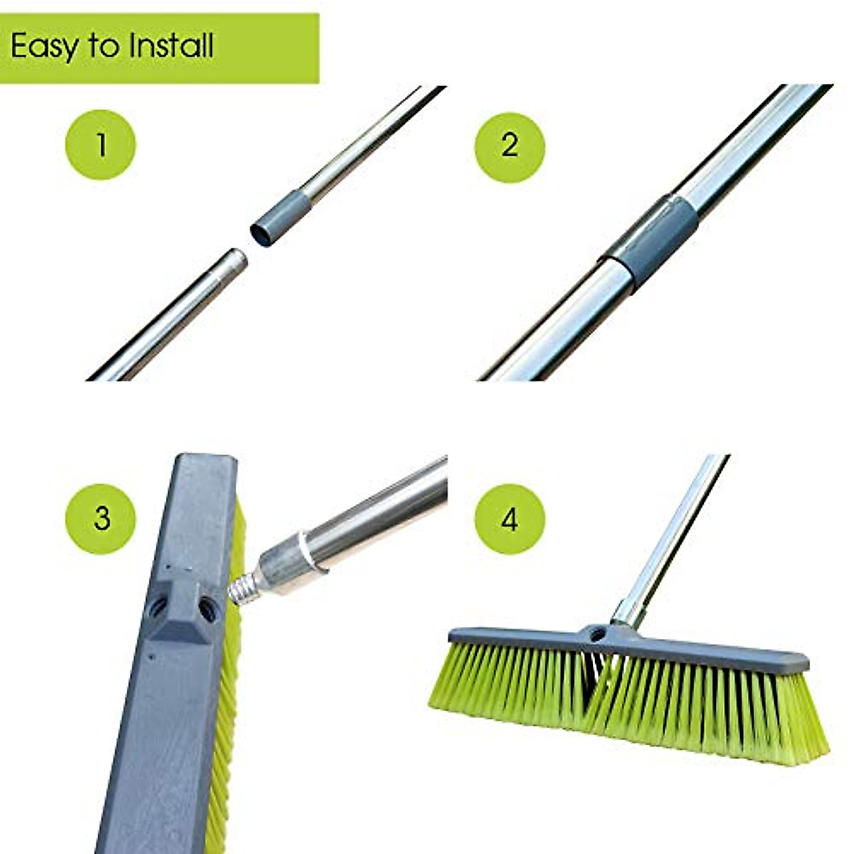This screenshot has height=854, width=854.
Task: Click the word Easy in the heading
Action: click(x=44, y=47)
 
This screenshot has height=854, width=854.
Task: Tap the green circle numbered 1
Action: click(x=101, y=144)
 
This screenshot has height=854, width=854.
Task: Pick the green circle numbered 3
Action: click(x=101, y=517)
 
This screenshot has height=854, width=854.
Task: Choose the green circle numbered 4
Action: click(x=510, y=520)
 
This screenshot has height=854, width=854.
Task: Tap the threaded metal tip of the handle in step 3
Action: click(x=242, y=588)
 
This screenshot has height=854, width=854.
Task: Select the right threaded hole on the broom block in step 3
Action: click(x=207, y=607)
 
